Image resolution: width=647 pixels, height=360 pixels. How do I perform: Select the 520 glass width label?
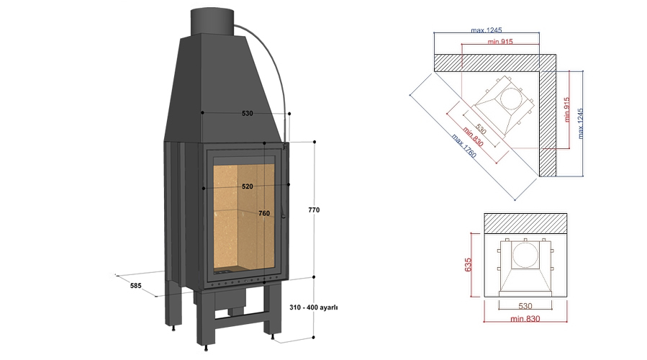pos(247,186)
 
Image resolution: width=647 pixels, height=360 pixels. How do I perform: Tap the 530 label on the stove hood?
pos(247,114)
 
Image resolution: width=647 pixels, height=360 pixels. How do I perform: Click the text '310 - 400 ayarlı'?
pos(313,307)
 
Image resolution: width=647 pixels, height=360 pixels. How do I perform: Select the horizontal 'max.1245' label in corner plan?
pos(486,30)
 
